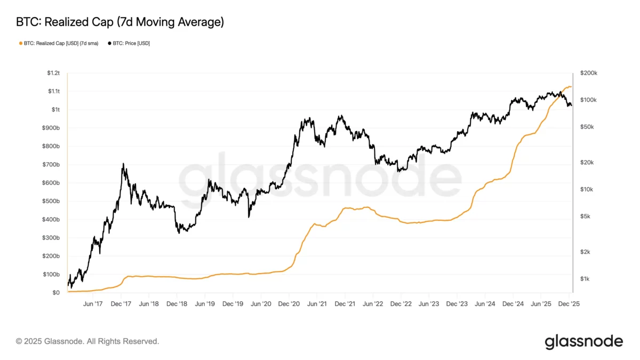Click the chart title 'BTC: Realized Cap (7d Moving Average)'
119,22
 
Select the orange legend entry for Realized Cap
59,43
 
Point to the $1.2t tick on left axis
53,73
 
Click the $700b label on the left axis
52,164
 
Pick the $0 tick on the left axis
55,293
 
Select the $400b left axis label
52,219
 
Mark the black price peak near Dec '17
123,164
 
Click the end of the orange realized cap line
571,86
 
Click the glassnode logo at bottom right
583,341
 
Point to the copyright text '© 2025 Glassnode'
87,341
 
